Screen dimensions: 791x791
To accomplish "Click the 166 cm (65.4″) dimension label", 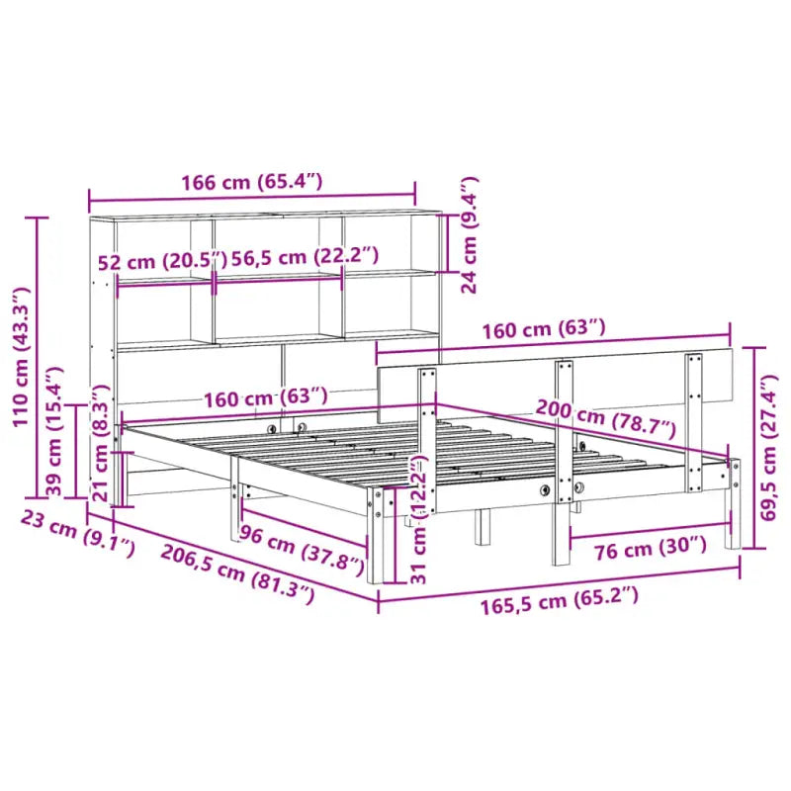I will [251, 182].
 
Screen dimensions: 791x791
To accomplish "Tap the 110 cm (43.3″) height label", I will [21, 357].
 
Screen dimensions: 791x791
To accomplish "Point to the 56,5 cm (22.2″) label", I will [305, 256].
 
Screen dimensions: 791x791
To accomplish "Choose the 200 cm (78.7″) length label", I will [605, 418].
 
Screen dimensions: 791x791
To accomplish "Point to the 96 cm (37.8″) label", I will [302, 551].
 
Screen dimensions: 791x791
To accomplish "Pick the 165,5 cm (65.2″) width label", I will [560, 597].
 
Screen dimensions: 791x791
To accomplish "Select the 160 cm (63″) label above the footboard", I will [543, 327].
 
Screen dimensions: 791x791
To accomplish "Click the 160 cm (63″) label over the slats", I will [265, 398].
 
